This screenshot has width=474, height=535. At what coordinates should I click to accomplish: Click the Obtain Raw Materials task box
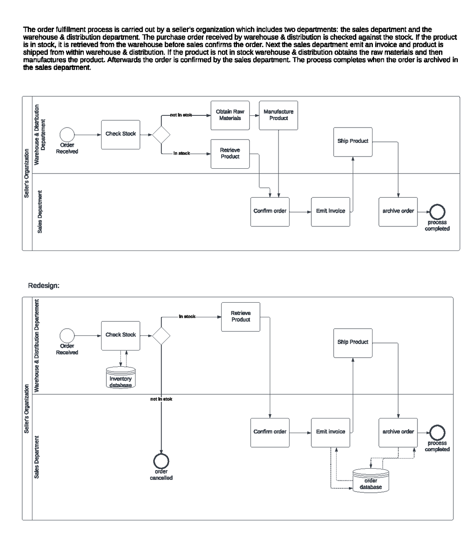click(230, 115)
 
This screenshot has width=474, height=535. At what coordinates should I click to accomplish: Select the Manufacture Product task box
click(278, 115)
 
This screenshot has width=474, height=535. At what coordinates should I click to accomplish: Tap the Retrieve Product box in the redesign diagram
click(241, 316)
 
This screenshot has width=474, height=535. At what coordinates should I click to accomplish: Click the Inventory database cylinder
click(120, 378)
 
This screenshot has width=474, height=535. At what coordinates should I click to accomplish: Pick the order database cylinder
click(371, 480)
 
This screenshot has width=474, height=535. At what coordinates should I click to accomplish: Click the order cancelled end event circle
click(161, 460)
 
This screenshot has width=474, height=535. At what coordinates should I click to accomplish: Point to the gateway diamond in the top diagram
click(161, 135)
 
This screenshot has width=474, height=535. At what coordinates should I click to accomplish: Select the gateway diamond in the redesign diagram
click(161, 336)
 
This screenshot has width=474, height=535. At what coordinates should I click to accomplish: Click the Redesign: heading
click(44, 285)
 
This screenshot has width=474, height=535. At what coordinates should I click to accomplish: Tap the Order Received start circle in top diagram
click(67, 135)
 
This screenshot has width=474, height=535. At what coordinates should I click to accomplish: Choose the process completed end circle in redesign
click(437, 433)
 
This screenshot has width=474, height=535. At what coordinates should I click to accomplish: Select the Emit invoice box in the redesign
click(330, 432)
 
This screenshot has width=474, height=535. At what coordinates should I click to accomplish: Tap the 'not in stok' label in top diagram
click(181, 115)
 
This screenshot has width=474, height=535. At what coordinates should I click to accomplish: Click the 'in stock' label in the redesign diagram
click(187, 316)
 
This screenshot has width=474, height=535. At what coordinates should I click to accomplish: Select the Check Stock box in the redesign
click(120, 335)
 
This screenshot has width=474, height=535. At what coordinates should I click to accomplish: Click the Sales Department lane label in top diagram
click(39, 212)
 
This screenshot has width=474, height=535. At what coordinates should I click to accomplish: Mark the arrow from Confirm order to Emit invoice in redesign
click(300, 433)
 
